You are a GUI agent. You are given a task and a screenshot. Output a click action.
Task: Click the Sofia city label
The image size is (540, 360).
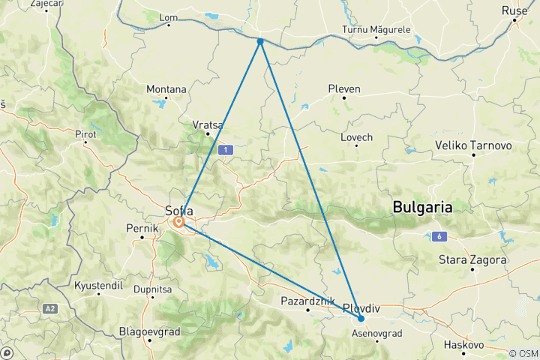tap(179, 211)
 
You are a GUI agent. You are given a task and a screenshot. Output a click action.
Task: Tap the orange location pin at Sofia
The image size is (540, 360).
tap(180, 222)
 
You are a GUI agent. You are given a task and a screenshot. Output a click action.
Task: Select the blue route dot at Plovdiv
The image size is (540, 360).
tap(361, 319)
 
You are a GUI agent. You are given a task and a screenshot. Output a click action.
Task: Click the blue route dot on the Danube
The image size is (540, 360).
tap(260, 41)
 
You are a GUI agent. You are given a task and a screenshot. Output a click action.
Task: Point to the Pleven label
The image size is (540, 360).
tap(344, 88)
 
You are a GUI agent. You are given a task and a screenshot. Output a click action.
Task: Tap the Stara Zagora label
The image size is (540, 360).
tap(472, 260)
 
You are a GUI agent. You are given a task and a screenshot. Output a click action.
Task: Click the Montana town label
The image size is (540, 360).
tap(166, 88)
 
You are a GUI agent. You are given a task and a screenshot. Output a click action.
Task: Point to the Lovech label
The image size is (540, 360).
tap(356, 137)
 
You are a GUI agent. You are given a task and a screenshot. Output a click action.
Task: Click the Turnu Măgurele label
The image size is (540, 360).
tap(376, 29)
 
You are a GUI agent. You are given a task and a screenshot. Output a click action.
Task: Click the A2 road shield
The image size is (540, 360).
tap(49, 308)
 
